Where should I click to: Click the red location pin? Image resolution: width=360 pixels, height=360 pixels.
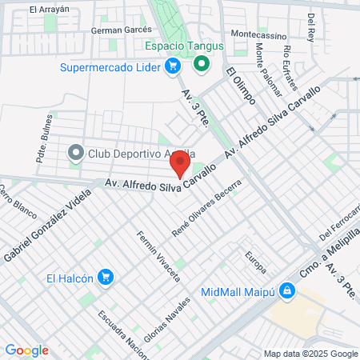click(180, 165)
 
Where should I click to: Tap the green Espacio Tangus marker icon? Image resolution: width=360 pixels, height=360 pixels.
click(202, 63)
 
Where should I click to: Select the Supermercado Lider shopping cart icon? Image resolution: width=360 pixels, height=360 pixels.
click(171, 67)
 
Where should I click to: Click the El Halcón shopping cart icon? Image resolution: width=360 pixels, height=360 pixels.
click(105, 278)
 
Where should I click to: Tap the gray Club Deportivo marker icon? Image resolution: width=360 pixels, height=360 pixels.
click(77, 151)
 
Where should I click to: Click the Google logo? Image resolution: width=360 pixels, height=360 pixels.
click(26, 350)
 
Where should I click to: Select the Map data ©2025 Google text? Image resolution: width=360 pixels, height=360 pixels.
click(311, 354)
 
